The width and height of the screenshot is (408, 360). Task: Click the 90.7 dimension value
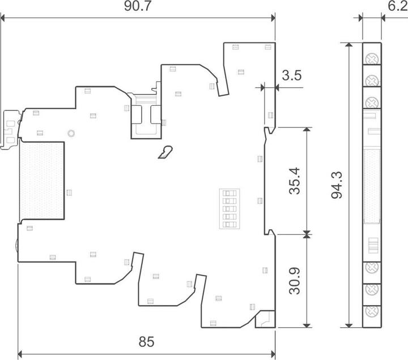pos(137,6)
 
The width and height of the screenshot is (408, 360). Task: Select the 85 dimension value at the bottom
pos(146,341)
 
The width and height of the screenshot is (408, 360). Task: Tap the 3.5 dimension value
pos(292,75)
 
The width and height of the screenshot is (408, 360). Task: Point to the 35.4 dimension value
pos(295,181)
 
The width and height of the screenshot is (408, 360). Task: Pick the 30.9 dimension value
pos(295,281)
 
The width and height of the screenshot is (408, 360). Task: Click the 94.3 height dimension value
pos(337,185)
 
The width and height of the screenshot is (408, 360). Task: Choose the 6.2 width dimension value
pos(398,6)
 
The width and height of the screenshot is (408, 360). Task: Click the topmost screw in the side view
pos(372,59)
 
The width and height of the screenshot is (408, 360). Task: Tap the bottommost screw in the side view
pos(372,311)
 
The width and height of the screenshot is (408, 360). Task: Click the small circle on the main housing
pos(71,134)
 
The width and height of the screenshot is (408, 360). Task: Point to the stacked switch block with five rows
pos(229,209)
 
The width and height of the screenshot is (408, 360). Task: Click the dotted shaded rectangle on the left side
pos(41,181)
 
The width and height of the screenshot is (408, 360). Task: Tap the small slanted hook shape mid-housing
pos(165,152)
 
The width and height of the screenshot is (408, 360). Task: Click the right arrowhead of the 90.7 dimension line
pos(273,18)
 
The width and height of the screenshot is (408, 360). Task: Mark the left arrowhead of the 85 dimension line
pos(20,354)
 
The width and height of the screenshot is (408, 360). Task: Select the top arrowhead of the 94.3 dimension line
pos(349,45)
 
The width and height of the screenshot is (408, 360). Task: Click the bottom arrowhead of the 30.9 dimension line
pos(307,325)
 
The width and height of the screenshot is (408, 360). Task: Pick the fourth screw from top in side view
pos(372,268)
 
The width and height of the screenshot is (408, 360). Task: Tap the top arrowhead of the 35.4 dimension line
pos(307,130)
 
